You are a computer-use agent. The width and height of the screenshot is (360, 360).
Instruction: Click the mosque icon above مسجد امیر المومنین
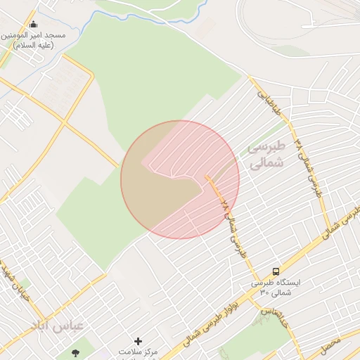[34, 24]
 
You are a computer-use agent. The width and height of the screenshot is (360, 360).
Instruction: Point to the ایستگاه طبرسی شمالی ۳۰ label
[275, 287]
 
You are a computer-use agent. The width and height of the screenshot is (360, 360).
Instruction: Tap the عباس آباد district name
[57, 325]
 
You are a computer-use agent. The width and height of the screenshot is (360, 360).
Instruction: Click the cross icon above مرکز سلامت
[138, 341]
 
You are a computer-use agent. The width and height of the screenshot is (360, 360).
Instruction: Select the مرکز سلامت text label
[138, 352]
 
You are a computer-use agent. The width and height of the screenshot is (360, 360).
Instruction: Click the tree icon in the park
[75, 352]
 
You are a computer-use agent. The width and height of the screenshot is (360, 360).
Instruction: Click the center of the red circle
[180, 179]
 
